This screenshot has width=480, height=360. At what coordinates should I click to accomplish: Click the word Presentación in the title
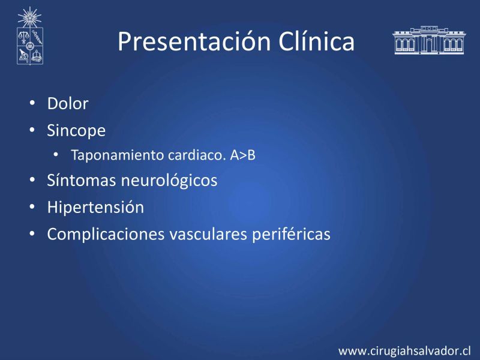(194, 41)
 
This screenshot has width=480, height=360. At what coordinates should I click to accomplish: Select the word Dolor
(68, 103)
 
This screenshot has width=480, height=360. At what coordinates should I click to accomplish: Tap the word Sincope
(76, 131)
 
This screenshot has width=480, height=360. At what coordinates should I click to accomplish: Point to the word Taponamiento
(118, 155)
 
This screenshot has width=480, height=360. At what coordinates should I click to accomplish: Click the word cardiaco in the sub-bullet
(197, 155)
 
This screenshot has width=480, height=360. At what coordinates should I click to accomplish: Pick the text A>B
(243, 155)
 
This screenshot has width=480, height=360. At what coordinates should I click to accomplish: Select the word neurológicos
(169, 181)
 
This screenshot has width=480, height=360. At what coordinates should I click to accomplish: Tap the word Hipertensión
(95, 207)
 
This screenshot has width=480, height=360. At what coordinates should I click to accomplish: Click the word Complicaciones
(106, 235)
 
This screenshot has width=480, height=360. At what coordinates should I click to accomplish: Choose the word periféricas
(291, 235)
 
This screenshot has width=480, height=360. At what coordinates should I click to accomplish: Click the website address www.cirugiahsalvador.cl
(404, 351)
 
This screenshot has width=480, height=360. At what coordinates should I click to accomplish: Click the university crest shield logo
(30, 46)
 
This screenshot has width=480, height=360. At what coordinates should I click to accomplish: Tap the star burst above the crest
(29, 17)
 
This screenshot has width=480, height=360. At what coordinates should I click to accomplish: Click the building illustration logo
(429, 40)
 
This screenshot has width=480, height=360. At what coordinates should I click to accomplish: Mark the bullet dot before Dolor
(32, 103)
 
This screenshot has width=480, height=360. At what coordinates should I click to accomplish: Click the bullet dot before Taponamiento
(55, 154)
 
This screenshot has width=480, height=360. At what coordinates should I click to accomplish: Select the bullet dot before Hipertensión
(32, 206)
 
